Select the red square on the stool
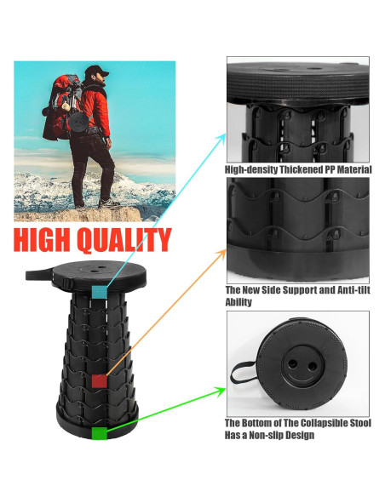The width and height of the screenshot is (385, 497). (100, 380)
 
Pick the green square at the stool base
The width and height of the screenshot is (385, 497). (101, 433)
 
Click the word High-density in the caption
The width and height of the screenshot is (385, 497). (250, 169)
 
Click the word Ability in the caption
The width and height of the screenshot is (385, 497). (238, 302)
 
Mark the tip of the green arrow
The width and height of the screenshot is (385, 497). (225, 389)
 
